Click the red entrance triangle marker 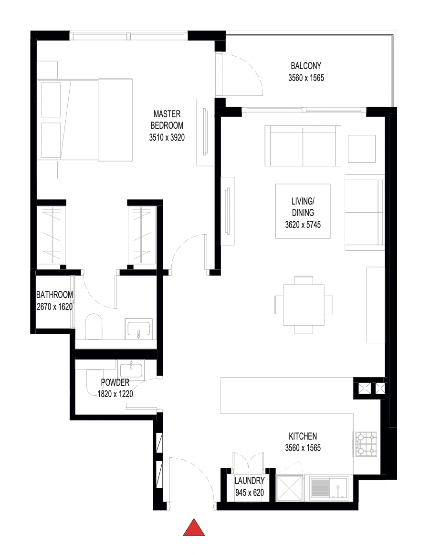(194, 527)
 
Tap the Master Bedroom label (167, 120)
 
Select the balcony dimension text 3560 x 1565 (306, 78)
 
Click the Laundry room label (249, 481)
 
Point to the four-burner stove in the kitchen (366, 444)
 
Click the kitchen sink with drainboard (329, 488)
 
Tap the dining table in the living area (304, 305)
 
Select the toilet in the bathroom (94, 326)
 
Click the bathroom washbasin (138, 329)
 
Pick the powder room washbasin (131, 370)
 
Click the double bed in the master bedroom (85, 120)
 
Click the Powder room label (115, 382)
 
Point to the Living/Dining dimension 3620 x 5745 (303, 225)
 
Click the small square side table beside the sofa (362, 149)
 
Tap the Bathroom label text (54, 295)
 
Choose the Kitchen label (303, 436)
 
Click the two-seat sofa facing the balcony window (303, 146)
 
